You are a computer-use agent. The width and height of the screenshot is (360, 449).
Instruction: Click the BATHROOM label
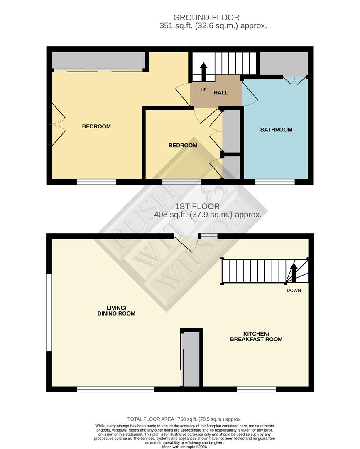tap(276, 130)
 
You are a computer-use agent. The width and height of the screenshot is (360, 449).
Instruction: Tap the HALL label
tap(221, 92)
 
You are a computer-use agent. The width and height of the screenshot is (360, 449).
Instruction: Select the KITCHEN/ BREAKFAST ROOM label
tap(256, 336)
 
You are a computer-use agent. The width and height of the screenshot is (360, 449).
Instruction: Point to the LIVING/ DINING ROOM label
tap(116, 310)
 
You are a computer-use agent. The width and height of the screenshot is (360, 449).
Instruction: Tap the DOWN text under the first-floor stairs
tap(294, 291)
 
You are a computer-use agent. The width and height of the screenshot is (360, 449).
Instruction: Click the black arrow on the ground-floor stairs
tap(203, 72)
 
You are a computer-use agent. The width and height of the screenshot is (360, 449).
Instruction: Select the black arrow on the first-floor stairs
tap(293, 272)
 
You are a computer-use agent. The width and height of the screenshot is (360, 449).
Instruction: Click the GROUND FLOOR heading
tap(206, 17)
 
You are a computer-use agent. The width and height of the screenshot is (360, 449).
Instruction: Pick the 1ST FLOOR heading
tap(197, 206)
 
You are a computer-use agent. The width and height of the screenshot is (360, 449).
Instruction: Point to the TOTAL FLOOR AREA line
tap(184, 419)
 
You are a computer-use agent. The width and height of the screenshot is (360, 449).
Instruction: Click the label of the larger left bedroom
tap(96, 126)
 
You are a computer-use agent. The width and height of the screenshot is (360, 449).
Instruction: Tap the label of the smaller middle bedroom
tap(183, 146)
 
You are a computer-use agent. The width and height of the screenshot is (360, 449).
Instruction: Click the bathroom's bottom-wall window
tap(275, 182)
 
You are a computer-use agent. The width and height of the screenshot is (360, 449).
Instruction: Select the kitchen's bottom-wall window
tap(256, 389)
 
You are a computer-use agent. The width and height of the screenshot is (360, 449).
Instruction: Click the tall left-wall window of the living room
tap(49, 313)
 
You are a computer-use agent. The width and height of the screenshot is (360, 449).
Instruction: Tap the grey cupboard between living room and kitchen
tap(191, 360)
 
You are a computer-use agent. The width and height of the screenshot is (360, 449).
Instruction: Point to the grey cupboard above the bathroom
tap(284, 63)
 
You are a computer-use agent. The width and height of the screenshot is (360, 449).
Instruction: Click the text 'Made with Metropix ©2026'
tap(184, 447)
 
